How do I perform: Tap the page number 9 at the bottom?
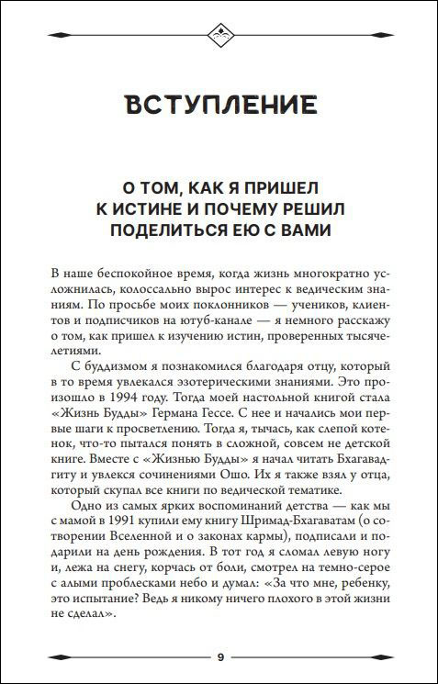click(x=219, y=657)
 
